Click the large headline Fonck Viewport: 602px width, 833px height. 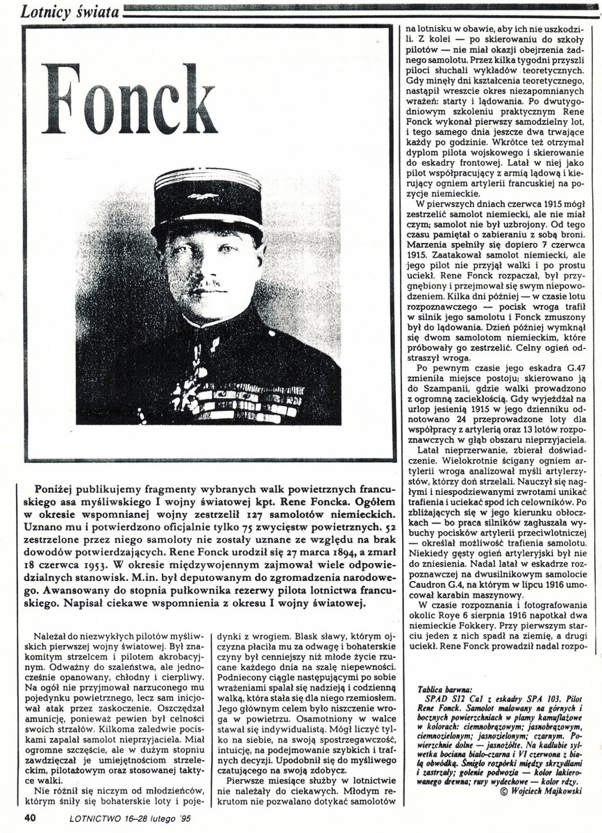pyautogui.click(x=129, y=99)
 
